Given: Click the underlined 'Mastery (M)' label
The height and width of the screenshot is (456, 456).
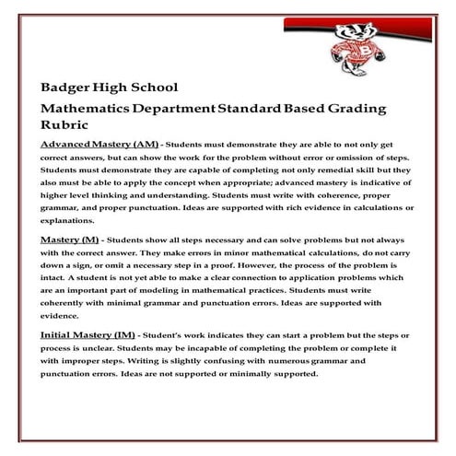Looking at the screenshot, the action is point(70,239).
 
